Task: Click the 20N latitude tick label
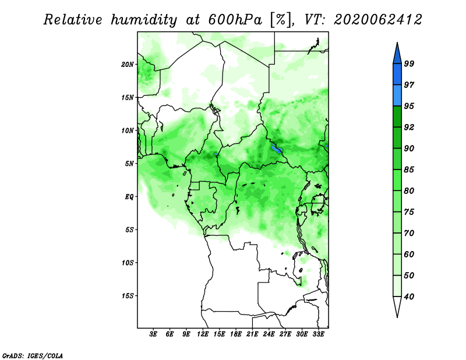[x=128, y=65]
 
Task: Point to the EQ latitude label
[x=129, y=197]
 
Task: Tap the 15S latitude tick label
[x=128, y=296]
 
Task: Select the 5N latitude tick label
[x=129, y=164]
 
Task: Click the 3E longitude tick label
[x=153, y=334]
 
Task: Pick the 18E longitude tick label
[x=236, y=334]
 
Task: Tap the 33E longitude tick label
[x=318, y=334]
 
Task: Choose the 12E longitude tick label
[x=203, y=334]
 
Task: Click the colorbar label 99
[x=409, y=63]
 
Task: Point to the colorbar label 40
[x=409, y=297]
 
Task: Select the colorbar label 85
[x=409, y=170]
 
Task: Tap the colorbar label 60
[x=409, y=255]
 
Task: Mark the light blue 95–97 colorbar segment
[x=397, y=96]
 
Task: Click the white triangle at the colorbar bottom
[x=397, y=306]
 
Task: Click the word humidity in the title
[x=144, y=20]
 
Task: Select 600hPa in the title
[x=235, y=20]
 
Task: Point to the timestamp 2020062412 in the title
[x=377, y=20]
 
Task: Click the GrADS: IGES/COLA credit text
[x=33, y=356]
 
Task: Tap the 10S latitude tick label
[x=128, y=263]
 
